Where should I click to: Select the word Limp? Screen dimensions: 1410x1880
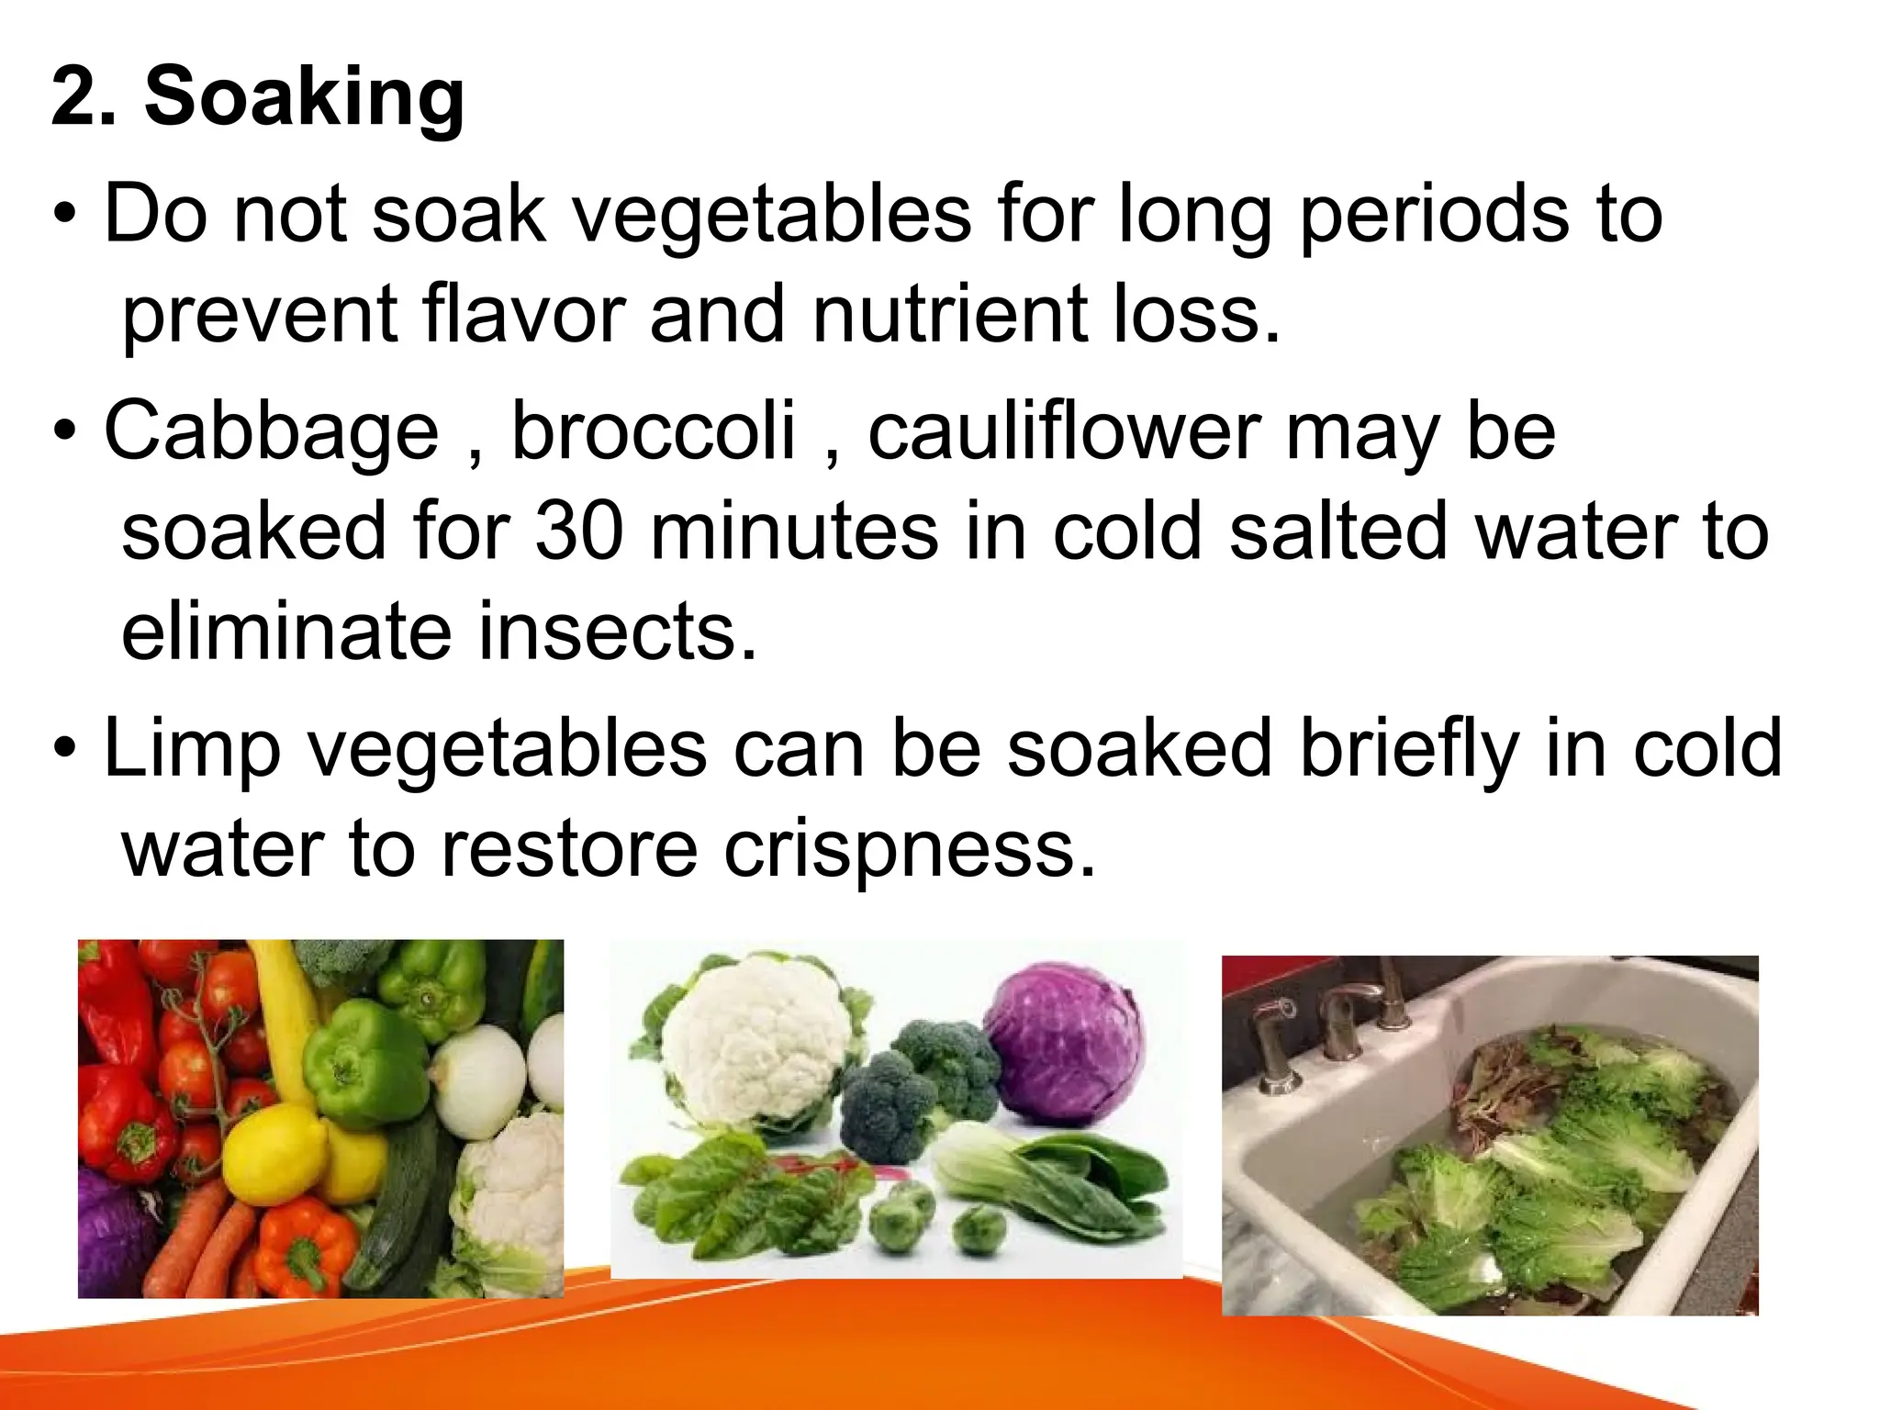192,748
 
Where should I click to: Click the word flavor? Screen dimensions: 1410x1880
522,314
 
